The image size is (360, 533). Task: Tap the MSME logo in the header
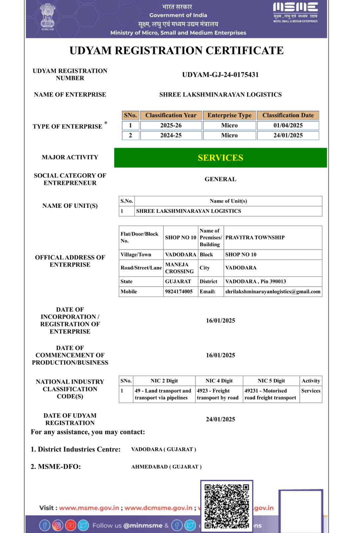[295, 12]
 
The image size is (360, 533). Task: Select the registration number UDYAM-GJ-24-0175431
[220, 75]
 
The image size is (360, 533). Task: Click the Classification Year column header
[171, 115]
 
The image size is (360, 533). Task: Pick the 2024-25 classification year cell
[171, 135]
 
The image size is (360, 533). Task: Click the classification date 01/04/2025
[288, 125]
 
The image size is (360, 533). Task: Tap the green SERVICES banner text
[220, 158]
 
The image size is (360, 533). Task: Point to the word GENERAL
[220, 179]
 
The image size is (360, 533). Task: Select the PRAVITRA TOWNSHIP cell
[255, 238]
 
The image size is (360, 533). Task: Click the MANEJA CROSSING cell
[179, 268]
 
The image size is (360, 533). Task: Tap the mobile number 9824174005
[179, 291]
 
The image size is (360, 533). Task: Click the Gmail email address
[273, 291]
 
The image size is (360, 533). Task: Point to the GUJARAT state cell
[178, 281]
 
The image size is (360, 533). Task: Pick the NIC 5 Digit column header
[271, 381]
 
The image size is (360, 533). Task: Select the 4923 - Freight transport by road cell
[218, 394]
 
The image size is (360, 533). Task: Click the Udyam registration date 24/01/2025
[220, 419]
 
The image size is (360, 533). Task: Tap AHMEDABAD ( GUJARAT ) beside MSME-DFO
[166, 467]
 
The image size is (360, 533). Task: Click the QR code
[227, 506]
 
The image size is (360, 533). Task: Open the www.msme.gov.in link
[89, 508]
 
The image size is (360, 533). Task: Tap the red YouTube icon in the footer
[70, 525]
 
